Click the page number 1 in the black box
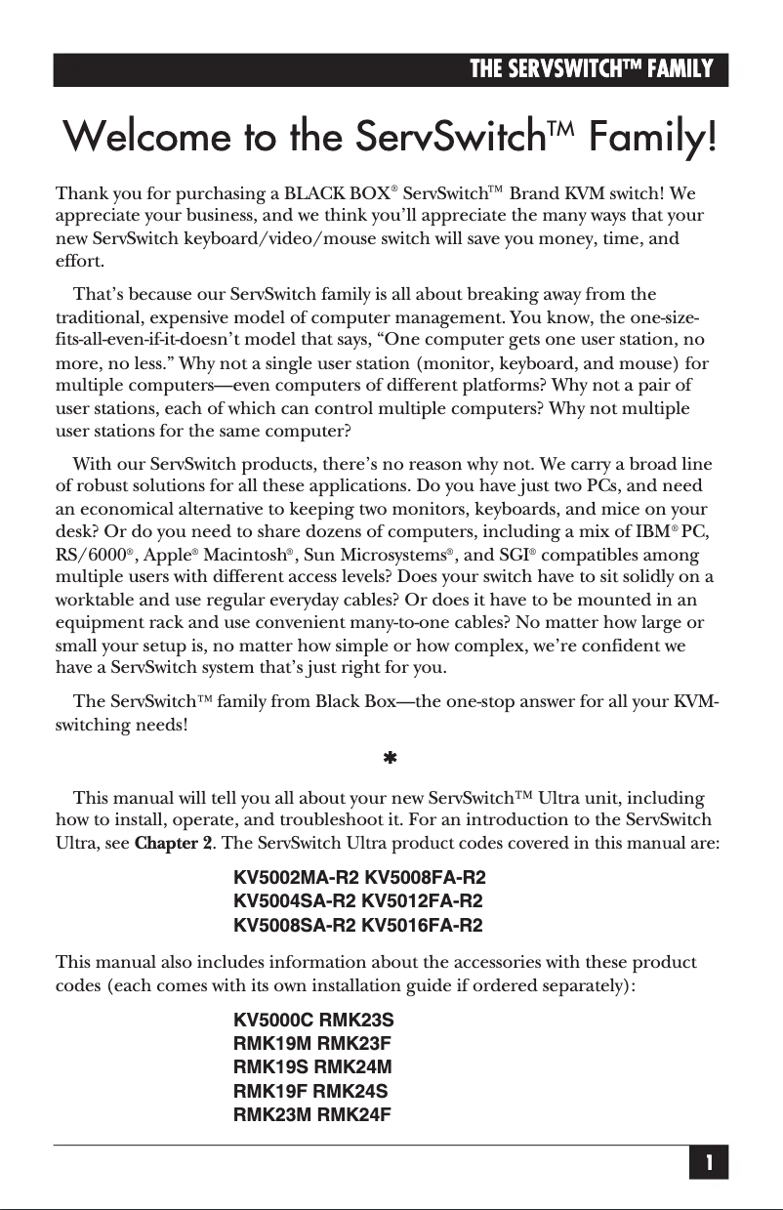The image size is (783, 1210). point(709,1163)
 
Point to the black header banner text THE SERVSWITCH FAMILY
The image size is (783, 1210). point(592,69)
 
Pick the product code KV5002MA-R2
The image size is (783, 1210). point(296,877)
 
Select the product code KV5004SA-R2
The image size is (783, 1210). point(295,900)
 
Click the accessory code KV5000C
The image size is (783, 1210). point(274,1021)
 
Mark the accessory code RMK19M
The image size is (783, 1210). point(268,1044)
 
